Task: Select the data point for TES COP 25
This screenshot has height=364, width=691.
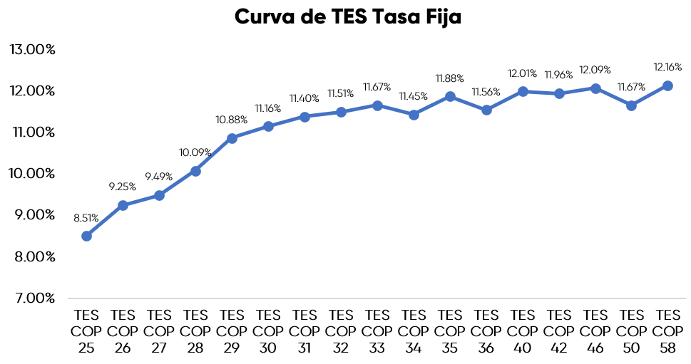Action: coord(86,236)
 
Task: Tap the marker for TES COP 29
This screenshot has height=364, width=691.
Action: coord(232,138)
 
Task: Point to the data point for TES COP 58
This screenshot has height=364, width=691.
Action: coord(667,85)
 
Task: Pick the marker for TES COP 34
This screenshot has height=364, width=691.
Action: coord(414,115)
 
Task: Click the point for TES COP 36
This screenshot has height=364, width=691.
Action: coord(486,110)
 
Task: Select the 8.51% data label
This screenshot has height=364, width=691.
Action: coord(86,218)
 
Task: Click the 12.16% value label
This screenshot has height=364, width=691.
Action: coord(667,67)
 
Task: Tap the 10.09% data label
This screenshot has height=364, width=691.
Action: coord(195,152)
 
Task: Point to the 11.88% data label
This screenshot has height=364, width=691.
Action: coord(450,78)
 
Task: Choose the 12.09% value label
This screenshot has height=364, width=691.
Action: coord(595,70)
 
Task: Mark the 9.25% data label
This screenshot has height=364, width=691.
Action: coord(123,187)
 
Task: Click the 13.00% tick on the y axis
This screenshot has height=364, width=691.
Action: coord(32,50)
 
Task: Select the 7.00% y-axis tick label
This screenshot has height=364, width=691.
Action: coord(32,298)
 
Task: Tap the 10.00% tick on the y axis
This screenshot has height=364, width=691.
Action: coord(32,174)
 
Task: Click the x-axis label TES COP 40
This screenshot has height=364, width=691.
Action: coord(523,331)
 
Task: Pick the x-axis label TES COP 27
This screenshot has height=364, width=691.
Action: coord(159,331)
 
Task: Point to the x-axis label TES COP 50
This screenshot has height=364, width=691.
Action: coord(631,331)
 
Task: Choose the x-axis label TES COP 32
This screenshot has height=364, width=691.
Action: coord(341,331)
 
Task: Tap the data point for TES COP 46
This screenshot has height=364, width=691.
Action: coord(595,88)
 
